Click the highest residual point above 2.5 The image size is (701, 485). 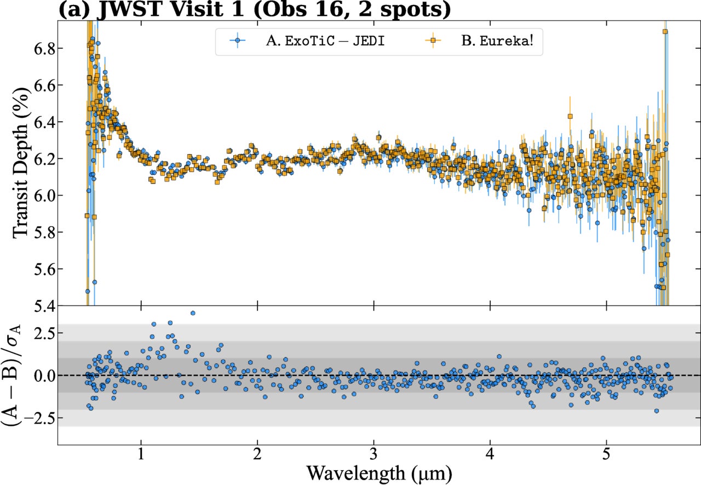point(193,313)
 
